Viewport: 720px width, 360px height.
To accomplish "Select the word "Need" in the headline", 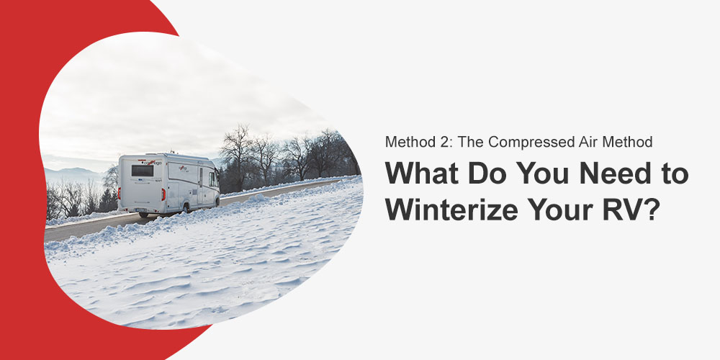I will [593, 174].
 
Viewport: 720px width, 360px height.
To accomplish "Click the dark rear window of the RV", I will [143, 171].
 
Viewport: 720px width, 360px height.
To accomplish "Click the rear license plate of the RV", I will [143, 210].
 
